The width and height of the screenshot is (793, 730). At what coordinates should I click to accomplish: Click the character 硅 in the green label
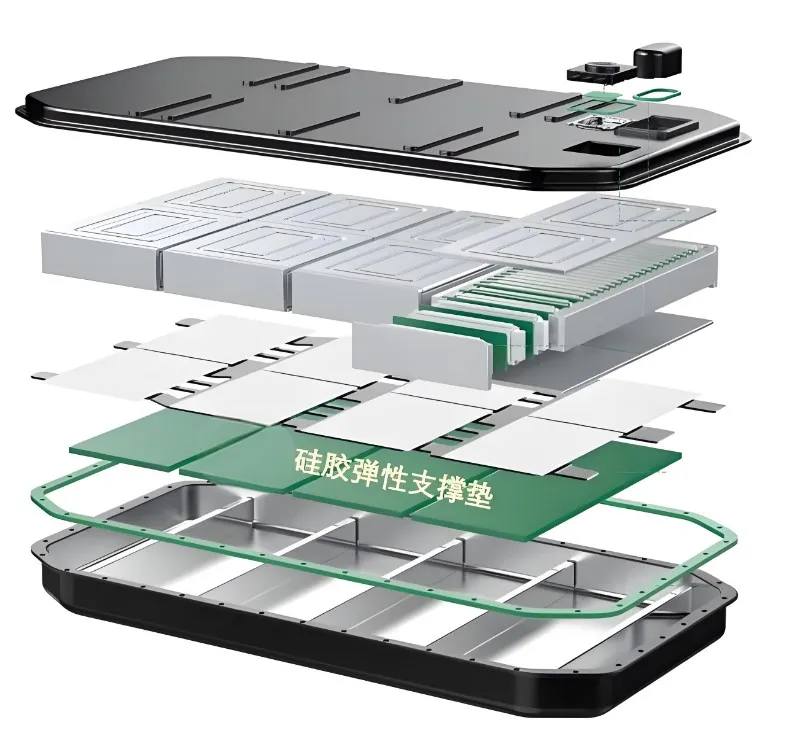click(x=308, y=460)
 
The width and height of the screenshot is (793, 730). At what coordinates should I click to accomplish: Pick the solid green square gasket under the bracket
click(x=605, y=96)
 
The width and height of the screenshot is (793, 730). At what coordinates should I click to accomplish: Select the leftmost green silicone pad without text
click(x=167, y=439)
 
